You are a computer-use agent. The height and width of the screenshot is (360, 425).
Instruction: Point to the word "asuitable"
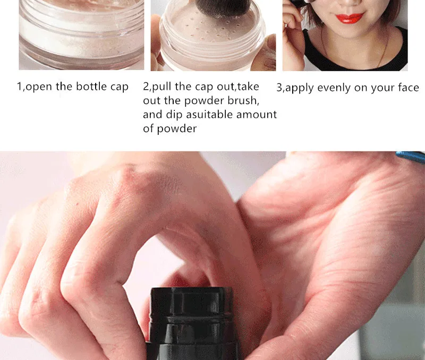[209, 115]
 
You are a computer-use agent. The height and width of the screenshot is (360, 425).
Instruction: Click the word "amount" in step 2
[257, 115]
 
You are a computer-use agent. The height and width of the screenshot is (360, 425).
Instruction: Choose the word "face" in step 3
[408, 88]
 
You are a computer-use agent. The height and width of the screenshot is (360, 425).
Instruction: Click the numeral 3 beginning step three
[279, 88]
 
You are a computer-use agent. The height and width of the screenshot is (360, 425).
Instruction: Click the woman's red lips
[350, 18]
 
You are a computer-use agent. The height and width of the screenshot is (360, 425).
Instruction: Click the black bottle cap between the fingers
[192, 323]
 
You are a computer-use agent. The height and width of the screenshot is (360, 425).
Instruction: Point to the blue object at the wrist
[410, 156]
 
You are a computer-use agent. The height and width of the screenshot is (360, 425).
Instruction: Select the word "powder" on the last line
[177, 128]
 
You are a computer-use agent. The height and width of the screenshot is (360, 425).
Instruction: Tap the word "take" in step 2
[248, 87]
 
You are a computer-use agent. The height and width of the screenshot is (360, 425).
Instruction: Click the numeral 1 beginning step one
[19, 87]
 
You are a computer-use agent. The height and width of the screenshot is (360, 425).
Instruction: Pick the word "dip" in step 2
[174, 115]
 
